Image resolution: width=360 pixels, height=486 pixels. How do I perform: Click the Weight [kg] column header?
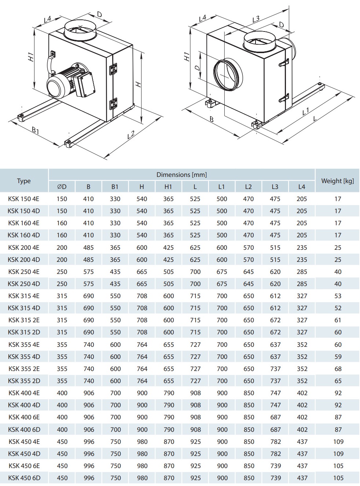tap(337, 181)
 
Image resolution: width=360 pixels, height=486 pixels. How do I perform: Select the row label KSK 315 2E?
tap(24, 320)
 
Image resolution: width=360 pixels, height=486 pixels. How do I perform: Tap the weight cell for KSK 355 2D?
tap(338, 381)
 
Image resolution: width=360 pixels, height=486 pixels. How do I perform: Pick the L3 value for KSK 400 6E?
tap(275, 417)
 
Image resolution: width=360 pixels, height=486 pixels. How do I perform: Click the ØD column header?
tap(62, 187)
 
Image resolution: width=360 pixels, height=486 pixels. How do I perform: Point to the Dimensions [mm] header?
tap(181, 175)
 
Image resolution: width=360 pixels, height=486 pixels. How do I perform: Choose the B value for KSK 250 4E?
tap(88, 272)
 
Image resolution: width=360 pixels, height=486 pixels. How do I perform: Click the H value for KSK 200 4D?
tap(142, 260)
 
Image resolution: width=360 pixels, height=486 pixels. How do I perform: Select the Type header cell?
tap(24, 181)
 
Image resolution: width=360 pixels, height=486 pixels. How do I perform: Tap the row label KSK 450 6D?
tap(24, 478)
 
